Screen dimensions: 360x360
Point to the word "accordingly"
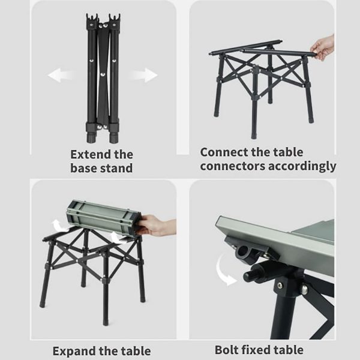[302, 166]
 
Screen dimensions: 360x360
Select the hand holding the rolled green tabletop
[155, 225]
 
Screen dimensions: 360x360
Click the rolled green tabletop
[104, 218]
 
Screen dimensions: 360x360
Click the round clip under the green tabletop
[244, 251]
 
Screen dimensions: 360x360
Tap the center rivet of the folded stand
[102, 74]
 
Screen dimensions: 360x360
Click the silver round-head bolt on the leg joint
[304, 289]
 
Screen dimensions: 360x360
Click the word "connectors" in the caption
[233, 166]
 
